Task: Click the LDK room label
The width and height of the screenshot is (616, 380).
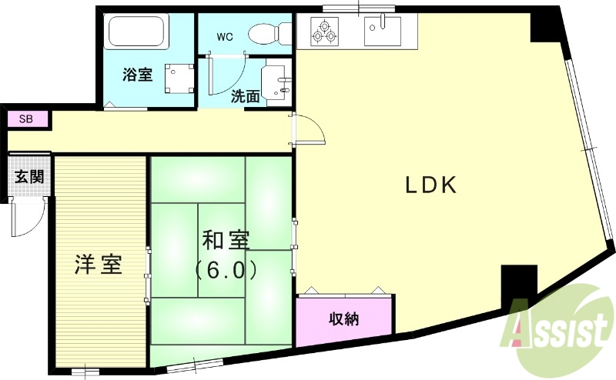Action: click(x=431, y=185)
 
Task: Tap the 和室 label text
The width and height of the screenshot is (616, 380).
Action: click(x=225, y=241)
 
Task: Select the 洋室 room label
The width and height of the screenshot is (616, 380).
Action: click(x=98, y=265)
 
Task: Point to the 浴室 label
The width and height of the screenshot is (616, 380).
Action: click(x=138, y=75)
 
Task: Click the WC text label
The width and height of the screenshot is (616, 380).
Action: click(x=224, y=36)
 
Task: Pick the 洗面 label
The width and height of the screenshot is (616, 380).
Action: click(x=245, y=97)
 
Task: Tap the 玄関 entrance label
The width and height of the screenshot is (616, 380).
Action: click(x=29, y=176)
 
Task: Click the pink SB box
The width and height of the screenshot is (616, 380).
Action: click(x=26, y=119)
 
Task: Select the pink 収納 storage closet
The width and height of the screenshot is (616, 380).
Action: click(x=344, y=318)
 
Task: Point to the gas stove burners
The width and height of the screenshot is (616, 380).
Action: click(x=323, y=31)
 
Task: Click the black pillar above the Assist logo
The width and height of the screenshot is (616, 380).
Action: click(x=518, y=285)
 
